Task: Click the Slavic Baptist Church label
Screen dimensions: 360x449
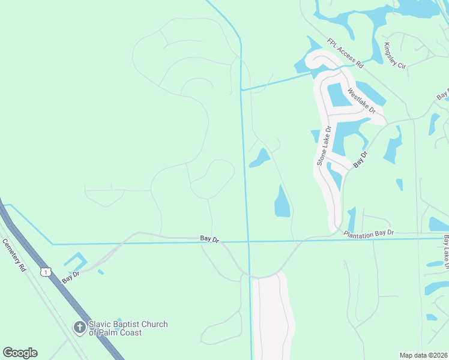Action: tap(128, 328)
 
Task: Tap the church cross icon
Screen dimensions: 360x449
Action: tap(79, 328)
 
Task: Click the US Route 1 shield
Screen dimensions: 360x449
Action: tap(45, 272)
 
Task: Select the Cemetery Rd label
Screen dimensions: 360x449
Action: tap(15, 256)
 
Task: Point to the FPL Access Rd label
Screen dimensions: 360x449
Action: tap(346, 52)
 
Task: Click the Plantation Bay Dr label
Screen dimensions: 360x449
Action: tap(369, 232)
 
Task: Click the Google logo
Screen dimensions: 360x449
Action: tap(20, 353)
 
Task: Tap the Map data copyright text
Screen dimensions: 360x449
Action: tap(423, 355)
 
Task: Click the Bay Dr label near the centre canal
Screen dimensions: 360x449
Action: tap(209, 239)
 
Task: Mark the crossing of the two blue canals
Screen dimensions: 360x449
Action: tap(248, 242)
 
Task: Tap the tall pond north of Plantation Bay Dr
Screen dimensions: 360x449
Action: tap(282, 202)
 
